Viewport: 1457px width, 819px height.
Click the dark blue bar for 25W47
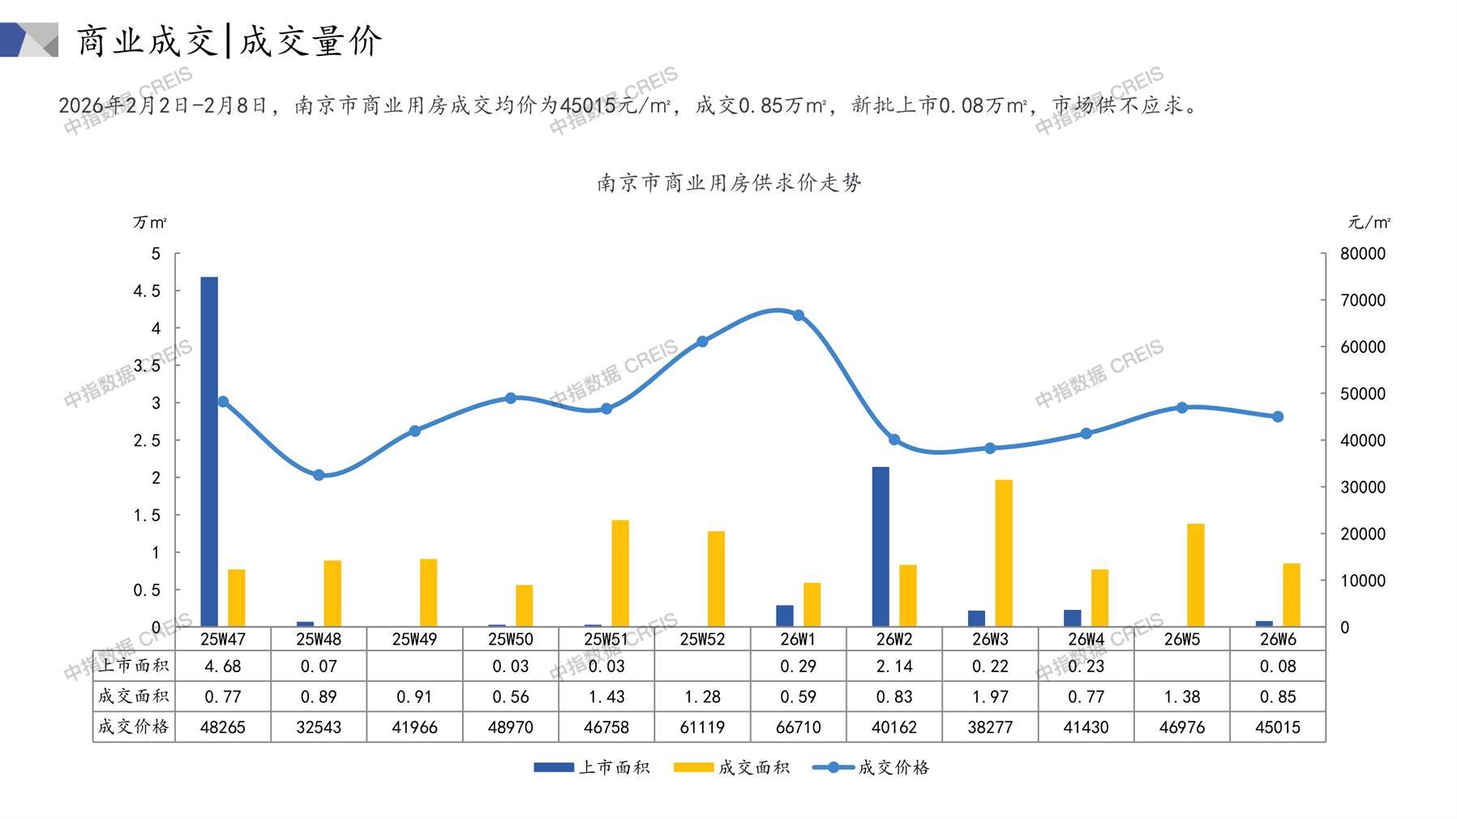point(209,451)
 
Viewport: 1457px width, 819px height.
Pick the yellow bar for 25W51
point(620,572)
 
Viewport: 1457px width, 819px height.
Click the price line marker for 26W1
point(799,315)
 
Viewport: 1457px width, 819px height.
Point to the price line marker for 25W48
point(319,475)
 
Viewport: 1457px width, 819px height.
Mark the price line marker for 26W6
point(1278,417)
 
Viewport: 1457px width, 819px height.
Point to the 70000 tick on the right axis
point(1363,300)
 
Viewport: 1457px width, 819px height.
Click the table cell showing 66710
point(799,727)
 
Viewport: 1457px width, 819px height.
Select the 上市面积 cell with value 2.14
point(894,667)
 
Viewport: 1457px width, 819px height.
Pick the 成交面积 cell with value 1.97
point(990,697)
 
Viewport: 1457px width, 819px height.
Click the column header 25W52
point(702,639)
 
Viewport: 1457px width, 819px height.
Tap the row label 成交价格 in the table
point(134,727)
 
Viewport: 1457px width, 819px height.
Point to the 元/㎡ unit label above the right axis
point(1369,222)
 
